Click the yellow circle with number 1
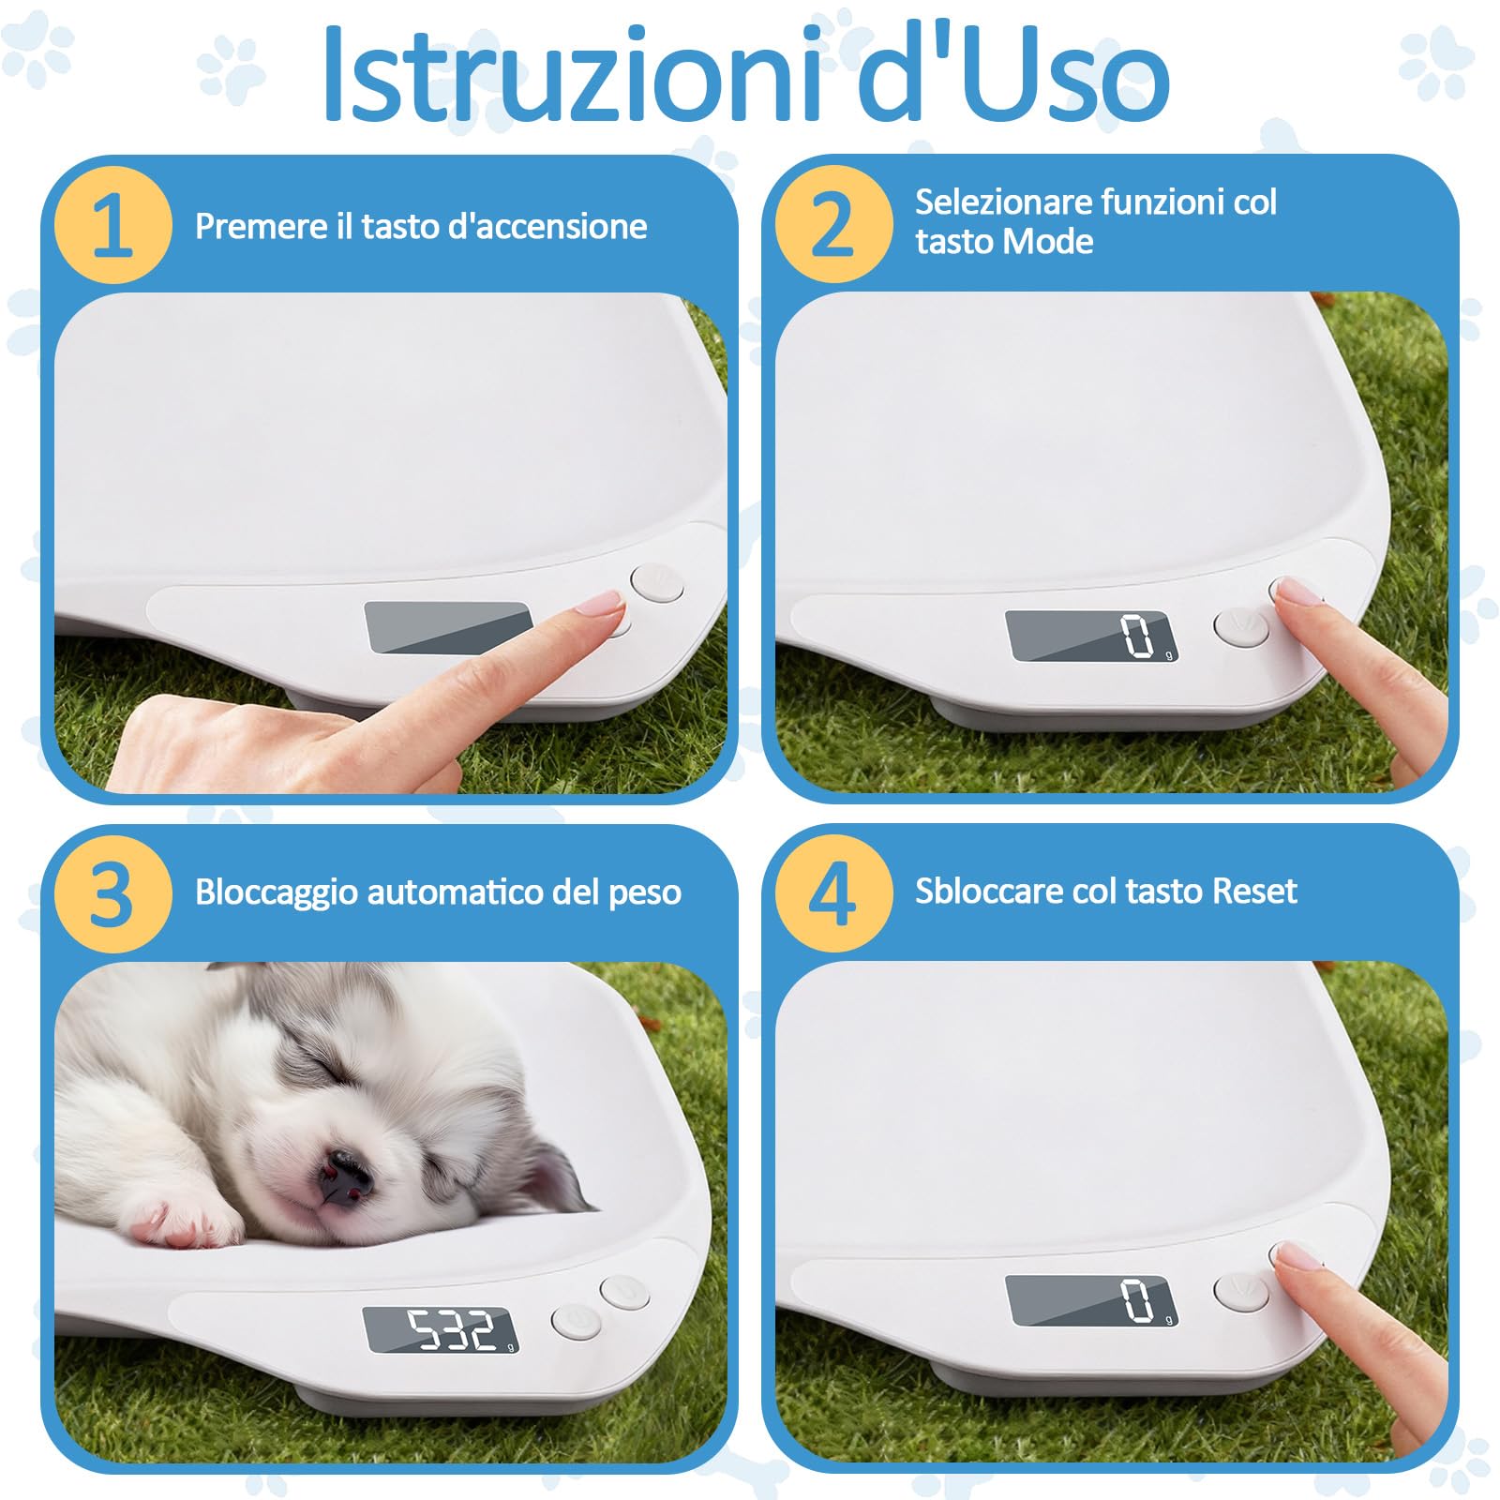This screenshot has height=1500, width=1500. click(x=112, y=225)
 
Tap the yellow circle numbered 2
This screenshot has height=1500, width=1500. click(x=832, y=225)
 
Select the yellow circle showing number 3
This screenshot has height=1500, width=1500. click(x=112, y=893)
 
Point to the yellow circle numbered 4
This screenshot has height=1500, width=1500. click(x=832, y=893)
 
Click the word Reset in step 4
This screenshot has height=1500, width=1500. click(x=1253, y=892)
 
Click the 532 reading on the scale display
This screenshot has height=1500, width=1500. click(x=451, y=1328)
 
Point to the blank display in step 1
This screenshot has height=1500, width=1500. click(x=448, y=626)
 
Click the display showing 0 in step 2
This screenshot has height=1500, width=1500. click(x=1091, y=637)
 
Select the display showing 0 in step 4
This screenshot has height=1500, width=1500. click(x=1091, y=1299)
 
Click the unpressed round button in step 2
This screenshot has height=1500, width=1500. click(x=1240, y=626)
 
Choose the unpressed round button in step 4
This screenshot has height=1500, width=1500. click(x=1240, y=1290)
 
